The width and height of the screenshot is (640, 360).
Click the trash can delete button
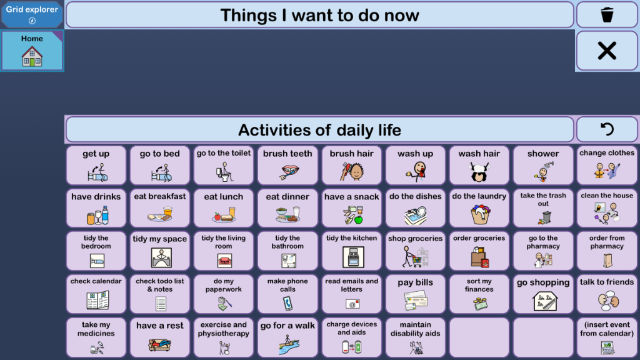pyautogui.click(x=606, y=15)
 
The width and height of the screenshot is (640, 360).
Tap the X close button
pyautogui.click(x=606, y=51)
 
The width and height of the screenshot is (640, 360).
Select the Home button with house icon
pyautogui.click(x=32, y=51)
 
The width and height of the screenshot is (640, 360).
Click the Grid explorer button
pyautogui.click(x=32, y=15)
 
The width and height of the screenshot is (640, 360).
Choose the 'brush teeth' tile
pyautogui.click(x=287, y=165)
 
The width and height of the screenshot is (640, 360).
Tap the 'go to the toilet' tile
pyautogui.click(x=224, y=165)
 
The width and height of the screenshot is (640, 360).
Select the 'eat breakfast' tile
pyautogui.click(x=160, y=208)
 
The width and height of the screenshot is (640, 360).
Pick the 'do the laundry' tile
pyautogui.click(x=479, y=208)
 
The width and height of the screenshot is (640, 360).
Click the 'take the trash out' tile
pyautogui.click(x=543, y=208)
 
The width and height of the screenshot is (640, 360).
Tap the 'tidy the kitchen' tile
pyautogui.click(x=351, y=251)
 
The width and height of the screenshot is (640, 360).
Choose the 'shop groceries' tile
pyautogui.click(x=416, y=251)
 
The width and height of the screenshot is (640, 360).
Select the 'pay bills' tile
pyautogui.click(x=416, y=294)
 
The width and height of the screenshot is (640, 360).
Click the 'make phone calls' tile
pyautogui.click(x=287, y=294)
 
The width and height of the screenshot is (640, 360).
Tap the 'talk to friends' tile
pyautogui.click(x=607, y=294)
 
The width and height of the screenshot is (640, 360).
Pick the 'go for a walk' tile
pyautogui.click(x=287, y=337)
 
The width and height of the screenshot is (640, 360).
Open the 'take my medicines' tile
pyautogui.click(x=96, y=337)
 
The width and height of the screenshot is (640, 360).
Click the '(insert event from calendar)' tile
pyautogui.click(x=607, y=337)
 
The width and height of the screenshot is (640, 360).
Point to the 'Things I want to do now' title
pyautogui.click(x=319, y=16)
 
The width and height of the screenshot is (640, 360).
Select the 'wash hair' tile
pyautogui.click(x=479, y=165)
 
